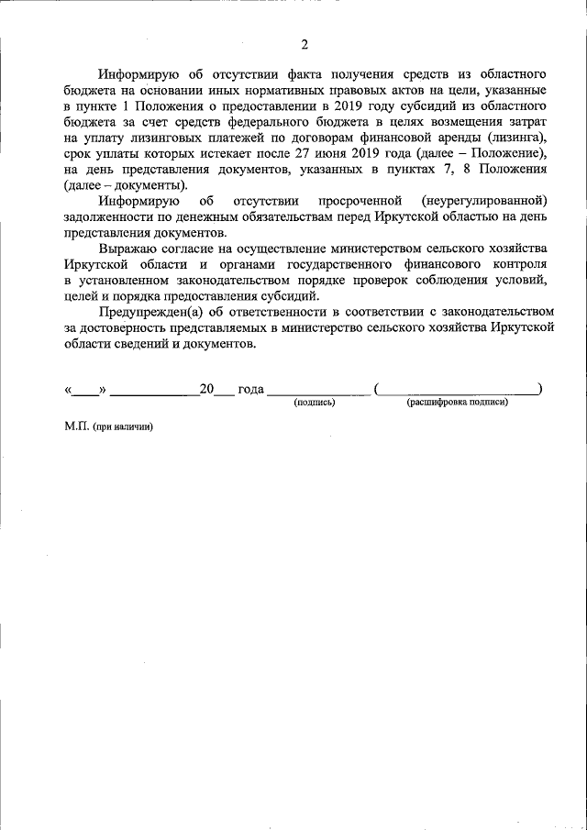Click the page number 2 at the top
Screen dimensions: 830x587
(x=305, y=44)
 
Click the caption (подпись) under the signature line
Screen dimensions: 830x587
(x=315, y=403)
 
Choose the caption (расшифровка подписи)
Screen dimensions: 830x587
(x=457, y=403)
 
